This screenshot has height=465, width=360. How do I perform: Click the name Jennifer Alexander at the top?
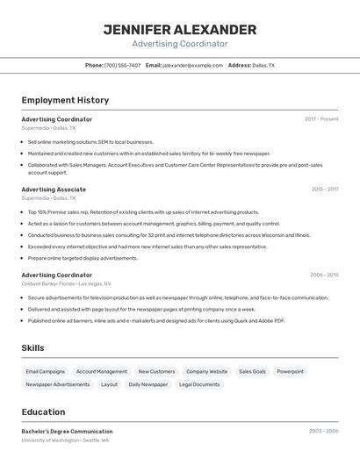[180, 30]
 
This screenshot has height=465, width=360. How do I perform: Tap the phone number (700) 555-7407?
[122, 65]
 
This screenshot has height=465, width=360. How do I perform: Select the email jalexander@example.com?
[192, 65]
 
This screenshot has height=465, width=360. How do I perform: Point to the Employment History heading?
[65, 100]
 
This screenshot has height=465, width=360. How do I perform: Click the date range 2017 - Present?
[321, 119]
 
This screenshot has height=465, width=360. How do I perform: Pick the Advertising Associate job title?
[54, 190]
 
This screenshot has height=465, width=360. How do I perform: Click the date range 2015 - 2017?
[325, 190]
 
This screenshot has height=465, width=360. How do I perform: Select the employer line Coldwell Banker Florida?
[66, 284]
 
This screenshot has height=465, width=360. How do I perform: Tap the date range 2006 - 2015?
[324, 275]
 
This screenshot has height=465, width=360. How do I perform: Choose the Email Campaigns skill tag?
[46, 371]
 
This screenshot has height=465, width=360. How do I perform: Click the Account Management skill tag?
[101, 371]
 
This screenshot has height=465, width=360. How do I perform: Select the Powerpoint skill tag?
[290, 371]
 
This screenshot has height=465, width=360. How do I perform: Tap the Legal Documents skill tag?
[199, 384]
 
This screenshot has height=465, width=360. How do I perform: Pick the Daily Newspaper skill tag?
[148, 384]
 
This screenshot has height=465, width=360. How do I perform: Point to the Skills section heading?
[32, 348]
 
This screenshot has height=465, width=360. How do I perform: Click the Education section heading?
[43, 412]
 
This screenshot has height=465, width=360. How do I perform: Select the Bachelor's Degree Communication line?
[67, 431]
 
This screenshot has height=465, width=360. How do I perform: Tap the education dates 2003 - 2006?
[324, 431]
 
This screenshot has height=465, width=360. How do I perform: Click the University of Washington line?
[65, 440]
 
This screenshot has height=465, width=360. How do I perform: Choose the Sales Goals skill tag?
[252, 371]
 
